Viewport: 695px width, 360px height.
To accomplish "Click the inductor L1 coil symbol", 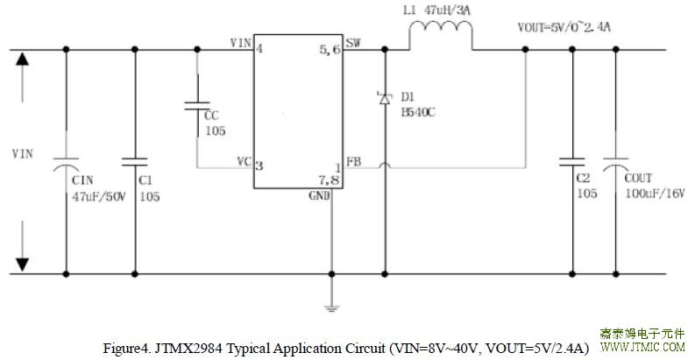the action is click(441, 25).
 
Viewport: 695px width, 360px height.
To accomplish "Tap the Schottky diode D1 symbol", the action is click(385, 98).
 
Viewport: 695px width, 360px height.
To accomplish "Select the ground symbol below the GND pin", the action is click(331, 308).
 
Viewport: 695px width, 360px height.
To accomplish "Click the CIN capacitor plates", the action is click(66, 164).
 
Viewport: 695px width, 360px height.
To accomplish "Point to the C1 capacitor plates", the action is click(135, 162).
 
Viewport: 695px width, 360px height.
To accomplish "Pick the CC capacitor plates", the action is click(197, 105).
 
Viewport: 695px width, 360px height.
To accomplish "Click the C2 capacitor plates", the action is click(571, 162).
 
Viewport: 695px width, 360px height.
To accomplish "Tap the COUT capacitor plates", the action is click(615, 164).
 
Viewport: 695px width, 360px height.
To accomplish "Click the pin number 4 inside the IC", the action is click(259, 48).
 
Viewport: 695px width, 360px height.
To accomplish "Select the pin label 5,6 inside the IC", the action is click(330, 50).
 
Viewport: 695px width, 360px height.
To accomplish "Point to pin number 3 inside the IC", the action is click(259, 166).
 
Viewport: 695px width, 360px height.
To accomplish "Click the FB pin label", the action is click(354, 162).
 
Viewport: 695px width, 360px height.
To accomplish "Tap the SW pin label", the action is click(353, 43).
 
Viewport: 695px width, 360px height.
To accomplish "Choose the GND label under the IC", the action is click(319, 195).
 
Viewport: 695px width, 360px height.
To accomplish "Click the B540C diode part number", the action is click(418, 112).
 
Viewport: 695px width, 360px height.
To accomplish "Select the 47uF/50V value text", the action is click(99, 196).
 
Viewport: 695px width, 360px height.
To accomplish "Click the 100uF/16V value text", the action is click(655, 194).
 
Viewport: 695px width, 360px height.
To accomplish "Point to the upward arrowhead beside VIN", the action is click(22, 59).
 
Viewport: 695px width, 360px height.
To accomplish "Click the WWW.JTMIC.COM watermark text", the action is click(642, 347).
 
